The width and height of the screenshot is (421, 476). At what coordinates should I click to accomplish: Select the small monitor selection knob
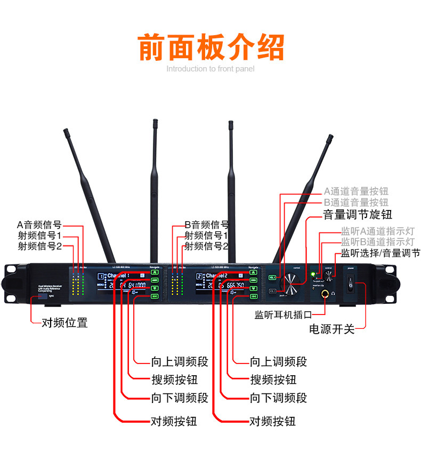point(328,275)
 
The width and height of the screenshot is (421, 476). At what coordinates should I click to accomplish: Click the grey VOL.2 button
point(272,290)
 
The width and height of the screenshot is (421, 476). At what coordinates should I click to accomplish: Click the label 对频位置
point(64,323)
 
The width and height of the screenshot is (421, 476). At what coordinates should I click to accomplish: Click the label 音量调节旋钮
point(357,215)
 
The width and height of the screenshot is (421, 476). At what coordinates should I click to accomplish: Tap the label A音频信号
point(39,224)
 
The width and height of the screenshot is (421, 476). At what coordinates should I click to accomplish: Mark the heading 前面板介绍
point(210,47)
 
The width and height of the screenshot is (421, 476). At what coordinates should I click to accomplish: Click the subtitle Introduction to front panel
point(210,69)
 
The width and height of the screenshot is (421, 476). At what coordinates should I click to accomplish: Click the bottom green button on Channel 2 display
point(253,296)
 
